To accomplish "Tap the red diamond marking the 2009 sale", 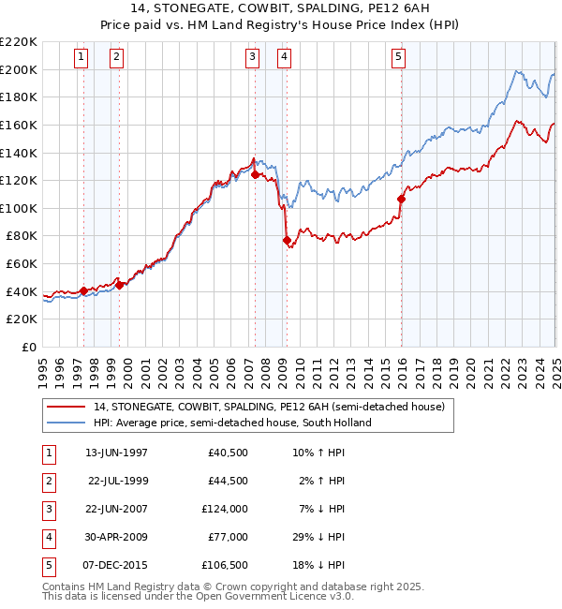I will click(x=287, y=241).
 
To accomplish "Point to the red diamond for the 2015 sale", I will click(x=401, y=199).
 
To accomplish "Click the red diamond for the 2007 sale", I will click(x=255, y=174).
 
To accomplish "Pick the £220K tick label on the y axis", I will click(x=19, y=42).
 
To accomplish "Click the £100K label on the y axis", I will click(x=19, y=208).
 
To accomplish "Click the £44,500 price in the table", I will click(x=228, y=481).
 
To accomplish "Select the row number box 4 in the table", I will click(x=48, y=537).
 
